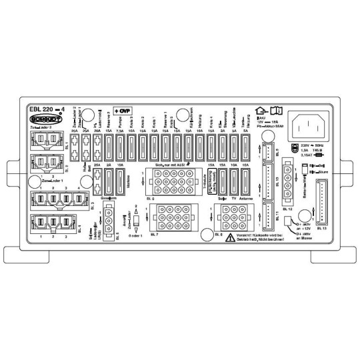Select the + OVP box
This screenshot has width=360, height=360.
[123, 110]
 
